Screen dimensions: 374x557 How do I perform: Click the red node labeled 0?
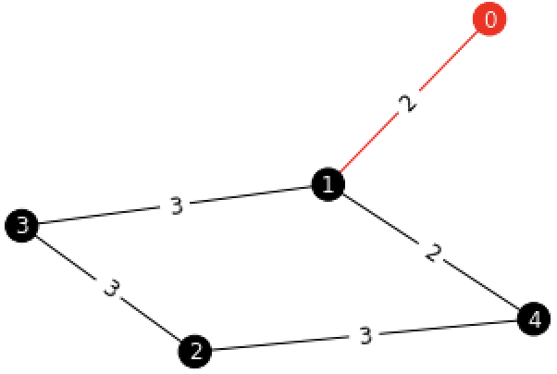(x=490, y=19)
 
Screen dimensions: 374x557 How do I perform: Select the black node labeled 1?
(x=327, y=185)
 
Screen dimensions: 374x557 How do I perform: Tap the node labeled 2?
(x=195, y=351)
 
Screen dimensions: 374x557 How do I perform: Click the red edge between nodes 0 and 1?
(x=444, y=66)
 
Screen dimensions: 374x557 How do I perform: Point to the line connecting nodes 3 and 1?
(x=250, y=196)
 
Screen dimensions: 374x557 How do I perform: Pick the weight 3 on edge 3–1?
(x=176, y=206)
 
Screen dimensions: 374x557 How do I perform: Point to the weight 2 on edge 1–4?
(x=430, y=253)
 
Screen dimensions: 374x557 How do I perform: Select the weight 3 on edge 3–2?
(x=111, y=289)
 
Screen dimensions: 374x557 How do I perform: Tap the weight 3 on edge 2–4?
(x=365, y=335)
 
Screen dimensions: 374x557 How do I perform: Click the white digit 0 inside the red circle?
(x=490, y=19)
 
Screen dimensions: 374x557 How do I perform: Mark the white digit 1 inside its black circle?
(x=327, y=185)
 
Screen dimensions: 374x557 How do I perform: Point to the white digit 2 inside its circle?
(x=195, y=351)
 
